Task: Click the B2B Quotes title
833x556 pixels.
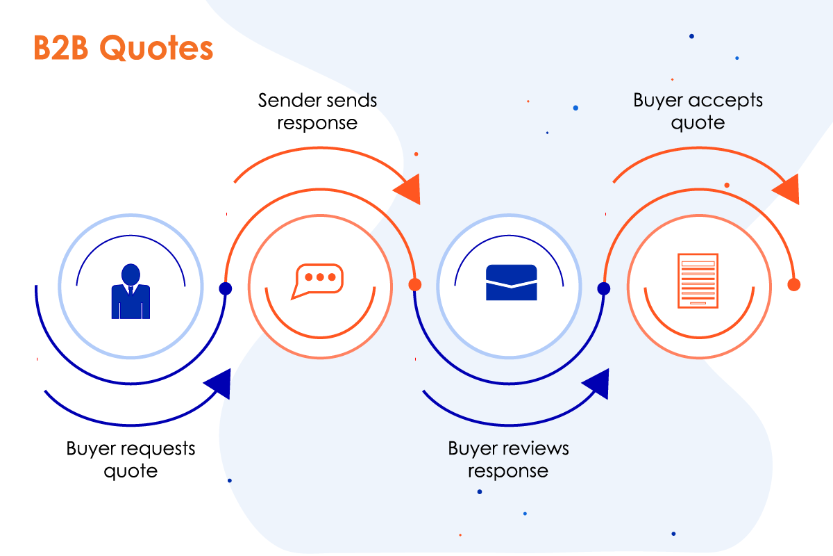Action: tap(123, 48)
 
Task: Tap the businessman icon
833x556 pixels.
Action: tap(131, 291)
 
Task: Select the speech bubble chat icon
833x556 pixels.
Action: tap(317, 281)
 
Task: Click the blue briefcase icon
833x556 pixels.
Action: tap(512, 282)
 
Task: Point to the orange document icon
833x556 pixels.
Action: tap(698, 281)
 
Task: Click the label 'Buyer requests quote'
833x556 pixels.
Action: tap(131, 459)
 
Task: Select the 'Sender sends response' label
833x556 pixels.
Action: tap(318, 111)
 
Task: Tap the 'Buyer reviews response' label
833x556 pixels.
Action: tap(508, 459)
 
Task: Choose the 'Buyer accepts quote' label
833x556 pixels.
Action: tap(698, 111)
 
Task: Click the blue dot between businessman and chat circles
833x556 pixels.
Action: tap(226, 288)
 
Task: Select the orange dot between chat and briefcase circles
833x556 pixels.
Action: tap(415, 284)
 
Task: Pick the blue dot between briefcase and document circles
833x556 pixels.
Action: tap(604, 288)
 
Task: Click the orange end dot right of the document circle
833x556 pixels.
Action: tap(794, 284)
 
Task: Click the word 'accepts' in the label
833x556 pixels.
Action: tap(725, 101)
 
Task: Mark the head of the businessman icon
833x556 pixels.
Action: tap(131, 275)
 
